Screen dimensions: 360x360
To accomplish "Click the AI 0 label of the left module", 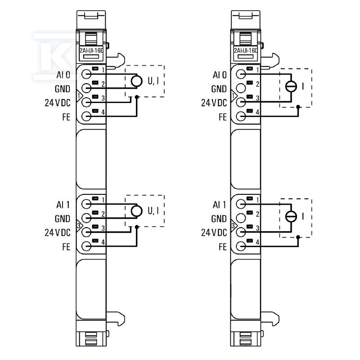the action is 63,75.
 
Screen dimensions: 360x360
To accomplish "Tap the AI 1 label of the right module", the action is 219,205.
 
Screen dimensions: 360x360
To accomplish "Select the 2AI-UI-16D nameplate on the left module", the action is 91,50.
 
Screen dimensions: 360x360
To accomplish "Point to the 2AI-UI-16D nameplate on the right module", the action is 246,50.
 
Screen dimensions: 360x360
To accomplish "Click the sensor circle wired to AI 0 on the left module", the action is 137,81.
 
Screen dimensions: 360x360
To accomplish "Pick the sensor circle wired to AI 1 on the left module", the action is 137,211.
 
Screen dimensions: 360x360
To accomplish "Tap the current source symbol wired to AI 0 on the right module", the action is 291,86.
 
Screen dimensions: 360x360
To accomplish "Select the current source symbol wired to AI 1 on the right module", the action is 291,216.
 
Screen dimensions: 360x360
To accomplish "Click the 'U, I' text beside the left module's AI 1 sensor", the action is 153,211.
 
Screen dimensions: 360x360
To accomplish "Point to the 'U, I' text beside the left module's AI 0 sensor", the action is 153,81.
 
